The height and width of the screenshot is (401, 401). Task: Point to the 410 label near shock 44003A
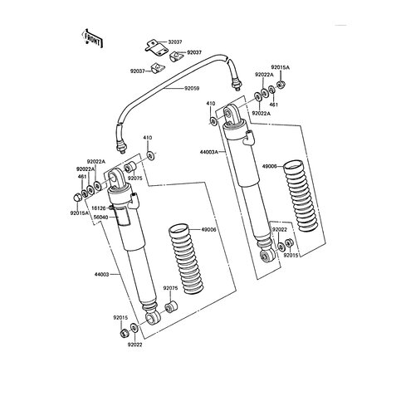click(211, 104)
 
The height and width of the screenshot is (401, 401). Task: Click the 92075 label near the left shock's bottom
click(172, 287)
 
